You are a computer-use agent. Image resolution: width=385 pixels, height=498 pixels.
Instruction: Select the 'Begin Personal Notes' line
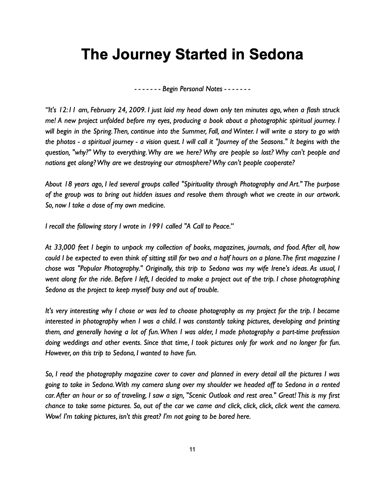(x=192, y=89)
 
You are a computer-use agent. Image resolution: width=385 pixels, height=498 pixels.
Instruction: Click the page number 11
(x=192, y=450)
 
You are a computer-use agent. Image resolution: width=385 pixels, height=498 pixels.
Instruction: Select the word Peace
(x=221, y=226)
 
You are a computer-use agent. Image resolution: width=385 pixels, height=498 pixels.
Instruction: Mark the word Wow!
(x=53, y=417)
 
